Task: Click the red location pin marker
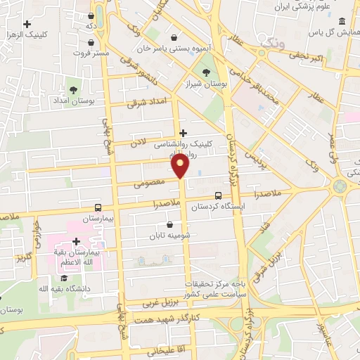(x=181, y=166)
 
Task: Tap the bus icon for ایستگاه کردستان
(x=219, y=196)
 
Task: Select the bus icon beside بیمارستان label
(x=98, y=208)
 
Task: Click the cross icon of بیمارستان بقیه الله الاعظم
(x=76, y=241)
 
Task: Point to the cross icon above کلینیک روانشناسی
(x=184, y=132)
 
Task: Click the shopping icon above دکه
(x=91, y=15)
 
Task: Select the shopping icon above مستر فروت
(x=91, y=42)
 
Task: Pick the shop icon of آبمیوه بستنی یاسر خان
(x=174, y=38)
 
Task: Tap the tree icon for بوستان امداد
(x=73, y=89)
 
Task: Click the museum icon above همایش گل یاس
(x=342, y=20)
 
